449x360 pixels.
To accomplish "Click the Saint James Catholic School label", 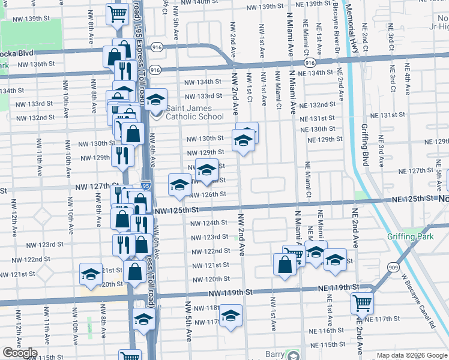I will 194,112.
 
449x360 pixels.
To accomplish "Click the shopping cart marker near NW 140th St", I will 118,13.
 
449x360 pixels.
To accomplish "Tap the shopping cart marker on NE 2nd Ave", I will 362,303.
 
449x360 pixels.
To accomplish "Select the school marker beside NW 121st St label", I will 91,274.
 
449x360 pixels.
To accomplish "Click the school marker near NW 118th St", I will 231,315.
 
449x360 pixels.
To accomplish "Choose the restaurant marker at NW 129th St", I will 122,156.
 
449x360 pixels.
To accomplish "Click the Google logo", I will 20,353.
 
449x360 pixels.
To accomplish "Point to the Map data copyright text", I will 412,355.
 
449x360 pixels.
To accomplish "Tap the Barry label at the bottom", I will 275,355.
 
